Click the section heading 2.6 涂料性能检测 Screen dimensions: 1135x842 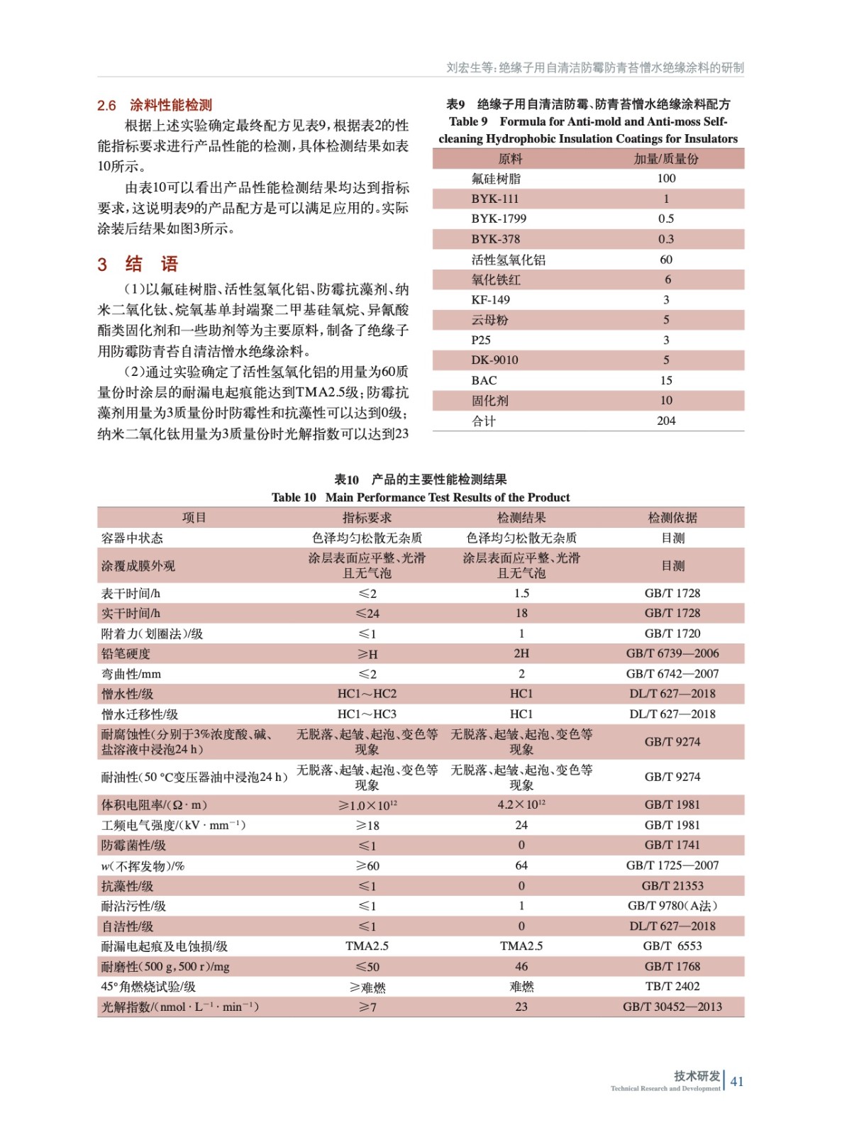click(x=155, y=106)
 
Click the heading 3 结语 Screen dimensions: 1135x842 click(x=138, y=265)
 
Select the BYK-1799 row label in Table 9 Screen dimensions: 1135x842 click(x=499, y=218)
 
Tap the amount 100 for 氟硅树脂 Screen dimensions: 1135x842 click(x=666, y=178)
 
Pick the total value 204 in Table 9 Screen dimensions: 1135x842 click(x=666, y=421)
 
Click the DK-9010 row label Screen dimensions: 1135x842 click(x=494, y=360)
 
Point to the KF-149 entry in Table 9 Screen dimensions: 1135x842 click(x=490, y=299)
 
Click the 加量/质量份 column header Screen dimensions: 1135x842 click(x=666, y=159)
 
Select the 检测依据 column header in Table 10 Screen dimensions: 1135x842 click(x=672, y=518)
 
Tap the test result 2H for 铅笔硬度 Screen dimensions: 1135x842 click(x=521, y=653)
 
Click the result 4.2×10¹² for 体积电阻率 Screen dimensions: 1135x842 click(x=521, y=804)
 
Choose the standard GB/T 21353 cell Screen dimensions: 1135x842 click(x=672, y=885)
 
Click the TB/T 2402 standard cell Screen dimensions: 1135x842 click(x=672, y=986)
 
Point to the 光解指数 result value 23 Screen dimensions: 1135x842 click(x=521, y=1007)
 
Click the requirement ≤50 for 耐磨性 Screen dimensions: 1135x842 click(x=367, y=966)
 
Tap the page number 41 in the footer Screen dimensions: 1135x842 click(x=737, y=1081)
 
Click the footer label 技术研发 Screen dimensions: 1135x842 click(x=697, y=1075)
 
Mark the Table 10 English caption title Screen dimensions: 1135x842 click(x=421, y=497)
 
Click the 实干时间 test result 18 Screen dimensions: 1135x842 click(x=521, y=613)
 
